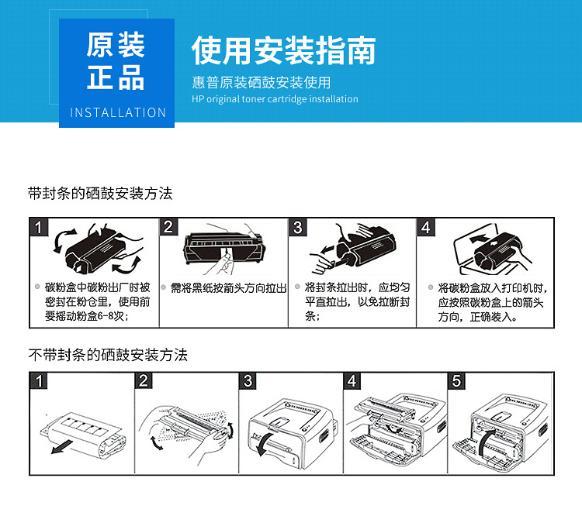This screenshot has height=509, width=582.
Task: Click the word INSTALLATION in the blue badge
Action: [118, 112]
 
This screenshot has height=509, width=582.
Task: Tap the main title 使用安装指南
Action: [283, 50]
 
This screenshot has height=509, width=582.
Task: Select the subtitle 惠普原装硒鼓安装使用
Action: [261, 82]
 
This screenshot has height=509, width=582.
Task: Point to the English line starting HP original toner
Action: [275, 99]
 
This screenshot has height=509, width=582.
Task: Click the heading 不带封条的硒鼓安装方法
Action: [108, 355]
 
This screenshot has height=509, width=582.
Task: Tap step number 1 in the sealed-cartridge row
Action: [40, 228]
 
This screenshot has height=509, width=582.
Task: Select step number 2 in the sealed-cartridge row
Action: [168, 228]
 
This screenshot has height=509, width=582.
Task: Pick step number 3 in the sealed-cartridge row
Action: [298, 228]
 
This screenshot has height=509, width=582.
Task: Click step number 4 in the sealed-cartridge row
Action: [426, 228]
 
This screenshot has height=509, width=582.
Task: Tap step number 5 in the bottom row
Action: [457, 381]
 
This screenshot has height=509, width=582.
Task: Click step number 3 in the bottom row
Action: [248, 381]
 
